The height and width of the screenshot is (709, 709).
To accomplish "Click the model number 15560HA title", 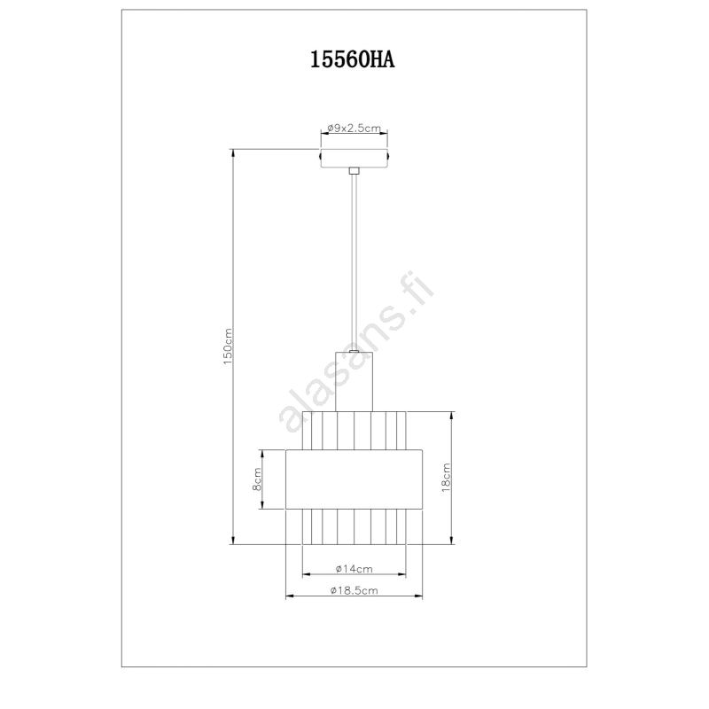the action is click(352, 59).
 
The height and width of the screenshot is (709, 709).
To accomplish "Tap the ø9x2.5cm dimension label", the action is click(354, 128).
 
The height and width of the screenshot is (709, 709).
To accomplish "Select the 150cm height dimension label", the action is click(228, 347).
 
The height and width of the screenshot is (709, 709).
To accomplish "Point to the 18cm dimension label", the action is click(446, 478).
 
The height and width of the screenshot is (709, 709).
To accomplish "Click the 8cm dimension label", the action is click(256, 479).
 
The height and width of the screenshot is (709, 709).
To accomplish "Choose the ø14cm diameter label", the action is click(354, 569).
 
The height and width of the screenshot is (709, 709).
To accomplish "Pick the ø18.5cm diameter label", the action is click(354, 590).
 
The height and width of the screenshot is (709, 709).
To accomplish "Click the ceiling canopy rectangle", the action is click(354, 158).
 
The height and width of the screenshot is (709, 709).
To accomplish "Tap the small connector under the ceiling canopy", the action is click(354, 171).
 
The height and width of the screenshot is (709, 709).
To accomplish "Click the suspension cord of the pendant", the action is click(354, 262).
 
